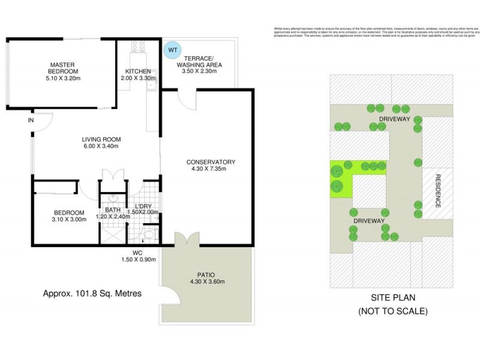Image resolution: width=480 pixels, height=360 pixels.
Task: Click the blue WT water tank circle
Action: pyautogui.click(x=172, y=49)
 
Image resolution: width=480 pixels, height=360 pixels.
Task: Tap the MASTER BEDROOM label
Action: pyautogui.click(x=61, y=71)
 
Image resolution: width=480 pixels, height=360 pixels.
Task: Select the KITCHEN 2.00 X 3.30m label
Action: pyautogui.click(x=138, y=74)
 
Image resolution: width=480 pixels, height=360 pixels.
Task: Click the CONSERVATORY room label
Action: pyautogui.click(x=211, y=166)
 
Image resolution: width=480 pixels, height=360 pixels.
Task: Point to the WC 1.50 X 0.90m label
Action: pyautogui.click(x=138, y=256)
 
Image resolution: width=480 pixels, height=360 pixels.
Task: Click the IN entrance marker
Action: pyautogui.click(x=31, y=121)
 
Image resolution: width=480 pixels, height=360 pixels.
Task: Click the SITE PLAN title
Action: pyautogui.click(x=394, y=298)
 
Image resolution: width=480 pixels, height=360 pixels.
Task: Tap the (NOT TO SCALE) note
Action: pyautogui.click(x=393, y=311)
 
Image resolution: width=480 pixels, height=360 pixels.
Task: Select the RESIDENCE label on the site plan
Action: pyautogui.click(x=438, y=190)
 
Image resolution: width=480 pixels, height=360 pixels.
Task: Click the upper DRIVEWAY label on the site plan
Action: pyautogui.click(x=394, y=119)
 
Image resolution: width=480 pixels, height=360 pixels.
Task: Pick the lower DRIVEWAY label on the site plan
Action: pyautogui.click(x=368, y=221)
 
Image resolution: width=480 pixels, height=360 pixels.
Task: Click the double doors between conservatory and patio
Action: pyautogui.click(x=187, y=240)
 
